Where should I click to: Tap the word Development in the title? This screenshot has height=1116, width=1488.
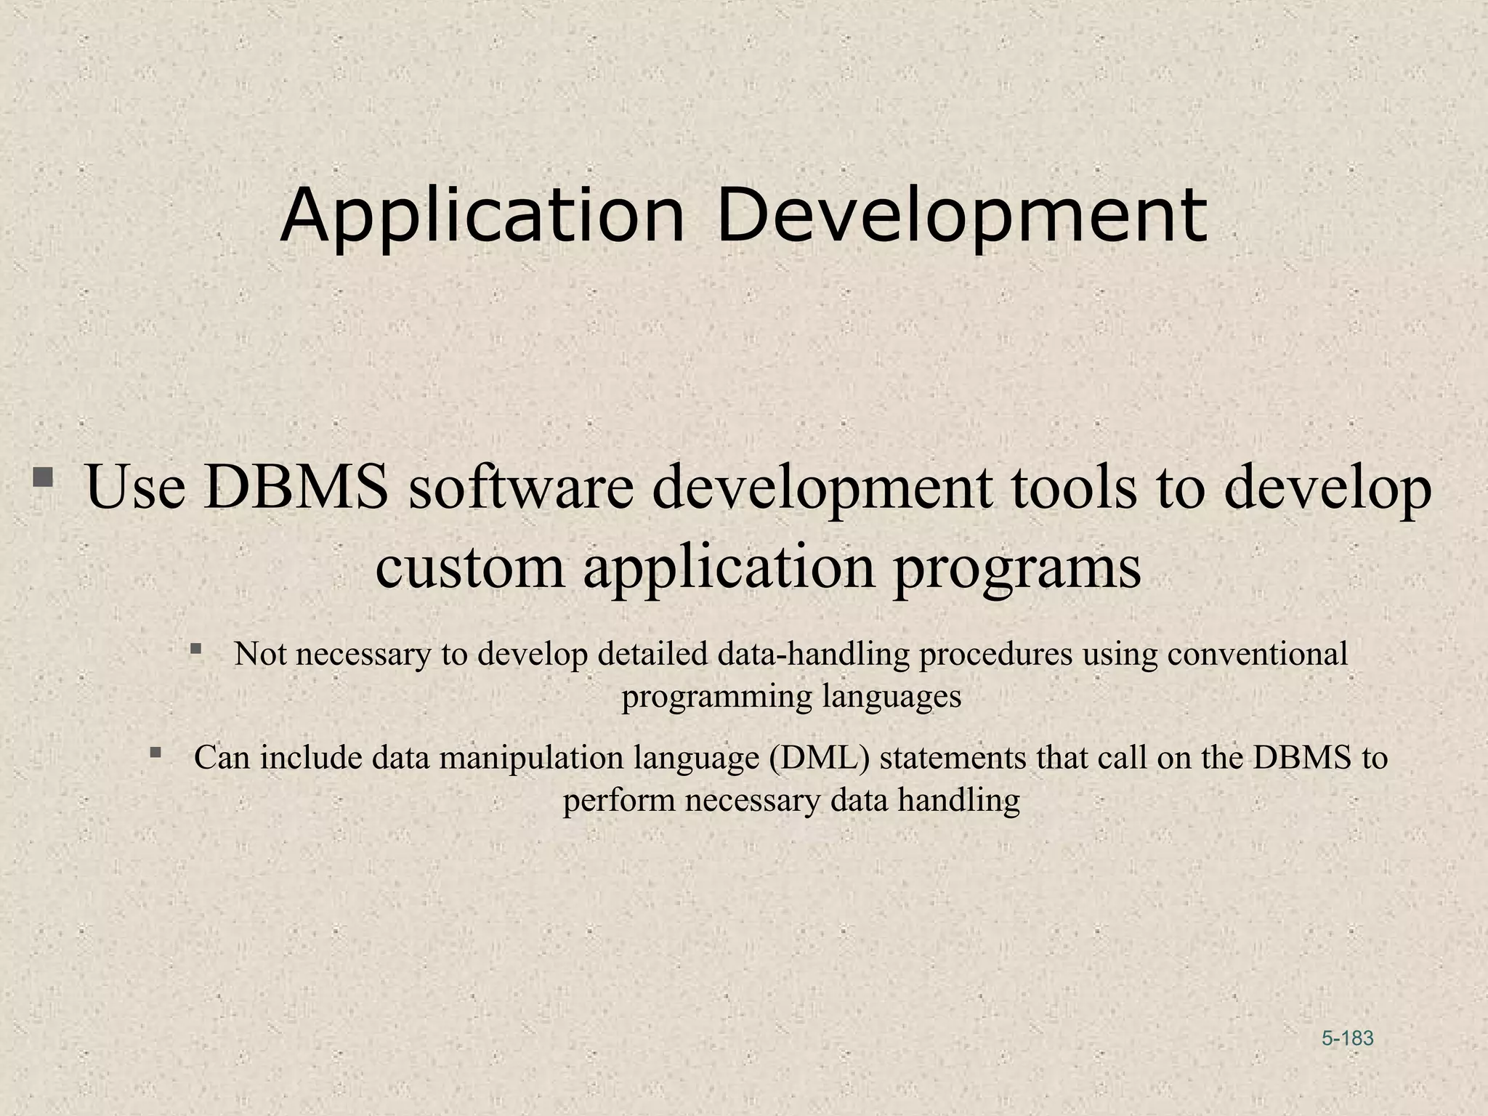(961, 217)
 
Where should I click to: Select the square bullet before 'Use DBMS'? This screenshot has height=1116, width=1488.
(43, 478)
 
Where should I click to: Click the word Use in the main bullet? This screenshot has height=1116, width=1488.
(135, 487)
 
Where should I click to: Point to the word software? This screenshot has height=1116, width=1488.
(522, 487)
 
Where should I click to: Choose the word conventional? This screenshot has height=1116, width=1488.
(1258, 654)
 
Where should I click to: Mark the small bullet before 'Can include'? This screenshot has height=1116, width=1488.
(155, 752)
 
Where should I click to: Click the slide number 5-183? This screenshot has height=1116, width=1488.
(1348, 1038)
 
